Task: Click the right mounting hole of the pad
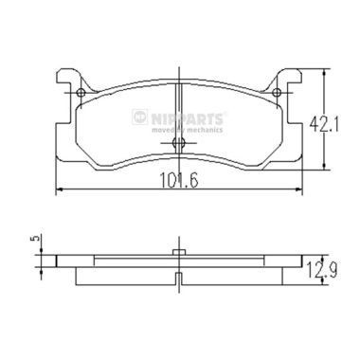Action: click(x=277, y=93)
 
